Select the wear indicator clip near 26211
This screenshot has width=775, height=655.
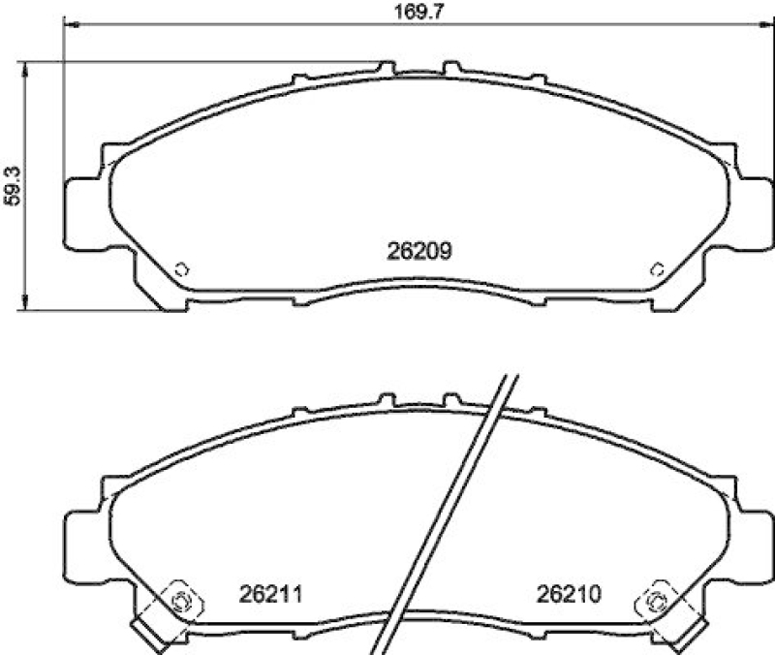pos(178,601)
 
